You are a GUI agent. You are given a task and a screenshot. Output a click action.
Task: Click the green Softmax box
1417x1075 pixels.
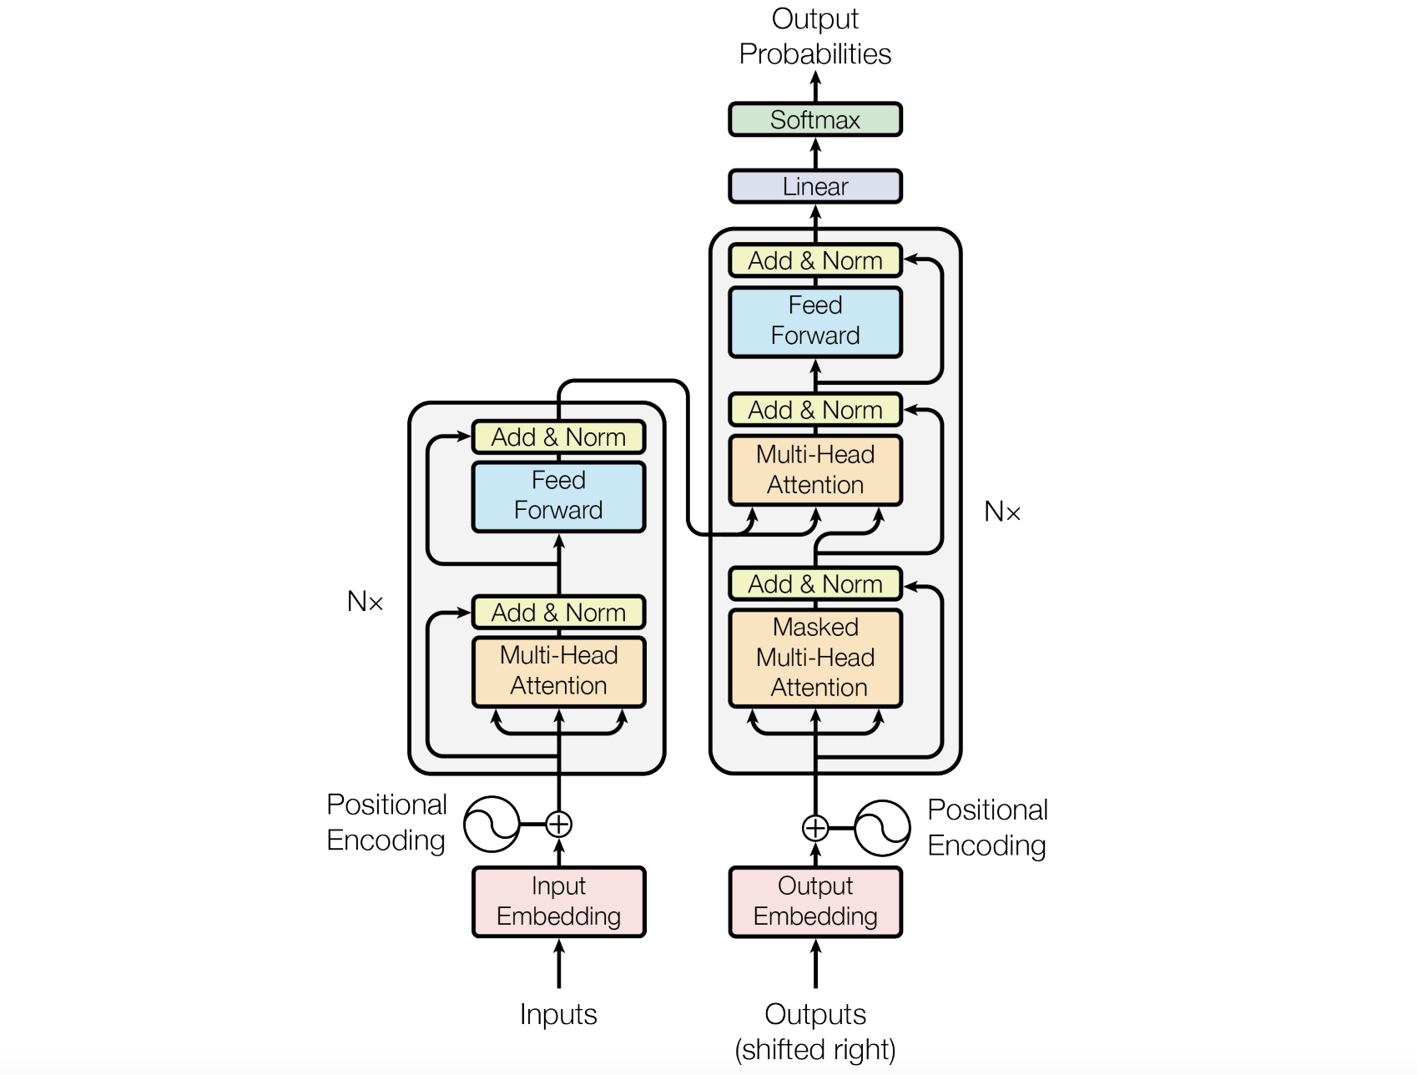coord(815,119)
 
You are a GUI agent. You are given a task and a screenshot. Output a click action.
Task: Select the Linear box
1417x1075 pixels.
coord(815,186)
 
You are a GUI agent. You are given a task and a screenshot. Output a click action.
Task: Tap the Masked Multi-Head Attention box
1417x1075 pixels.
coord(815,658)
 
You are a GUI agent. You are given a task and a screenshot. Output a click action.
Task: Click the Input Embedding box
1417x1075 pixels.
coord(558,901)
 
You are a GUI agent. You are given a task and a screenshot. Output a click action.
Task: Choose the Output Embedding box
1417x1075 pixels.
coord(815,901)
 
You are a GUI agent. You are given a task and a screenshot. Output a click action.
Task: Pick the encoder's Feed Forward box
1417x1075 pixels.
coord(558,496)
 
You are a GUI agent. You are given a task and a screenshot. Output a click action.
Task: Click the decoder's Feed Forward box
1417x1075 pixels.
coord(815,321)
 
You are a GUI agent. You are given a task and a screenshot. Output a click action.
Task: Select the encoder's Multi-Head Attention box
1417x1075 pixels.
coord(558,671)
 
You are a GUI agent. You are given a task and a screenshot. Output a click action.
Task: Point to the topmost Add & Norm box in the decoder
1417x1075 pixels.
coord(815,260)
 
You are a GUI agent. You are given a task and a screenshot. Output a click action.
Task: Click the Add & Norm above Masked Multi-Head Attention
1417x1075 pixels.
coord(815,583)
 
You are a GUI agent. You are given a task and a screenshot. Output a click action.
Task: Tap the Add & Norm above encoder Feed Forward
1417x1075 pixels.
coord(558,437)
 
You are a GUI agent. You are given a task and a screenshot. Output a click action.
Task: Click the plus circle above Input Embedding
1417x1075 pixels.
coord(558,825)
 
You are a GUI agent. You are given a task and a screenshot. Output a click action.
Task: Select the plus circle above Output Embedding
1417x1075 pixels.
coord(815,828)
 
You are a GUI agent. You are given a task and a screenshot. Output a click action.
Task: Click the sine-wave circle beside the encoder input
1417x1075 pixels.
coord(492,825)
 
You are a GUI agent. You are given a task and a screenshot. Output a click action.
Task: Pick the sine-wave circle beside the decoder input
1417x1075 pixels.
coord(882,828)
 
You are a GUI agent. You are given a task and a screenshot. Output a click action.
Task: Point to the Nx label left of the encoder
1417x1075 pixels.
coord(365,601)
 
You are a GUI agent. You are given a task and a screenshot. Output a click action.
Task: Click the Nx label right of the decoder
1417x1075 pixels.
coord(1002,512)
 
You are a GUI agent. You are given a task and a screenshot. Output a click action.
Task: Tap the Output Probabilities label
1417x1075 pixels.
coord(815,37)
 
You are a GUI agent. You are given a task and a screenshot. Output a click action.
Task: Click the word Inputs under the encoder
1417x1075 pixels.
coord(558,1014)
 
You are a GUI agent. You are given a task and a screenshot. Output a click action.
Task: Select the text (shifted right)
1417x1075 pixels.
coord(815,1049)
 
